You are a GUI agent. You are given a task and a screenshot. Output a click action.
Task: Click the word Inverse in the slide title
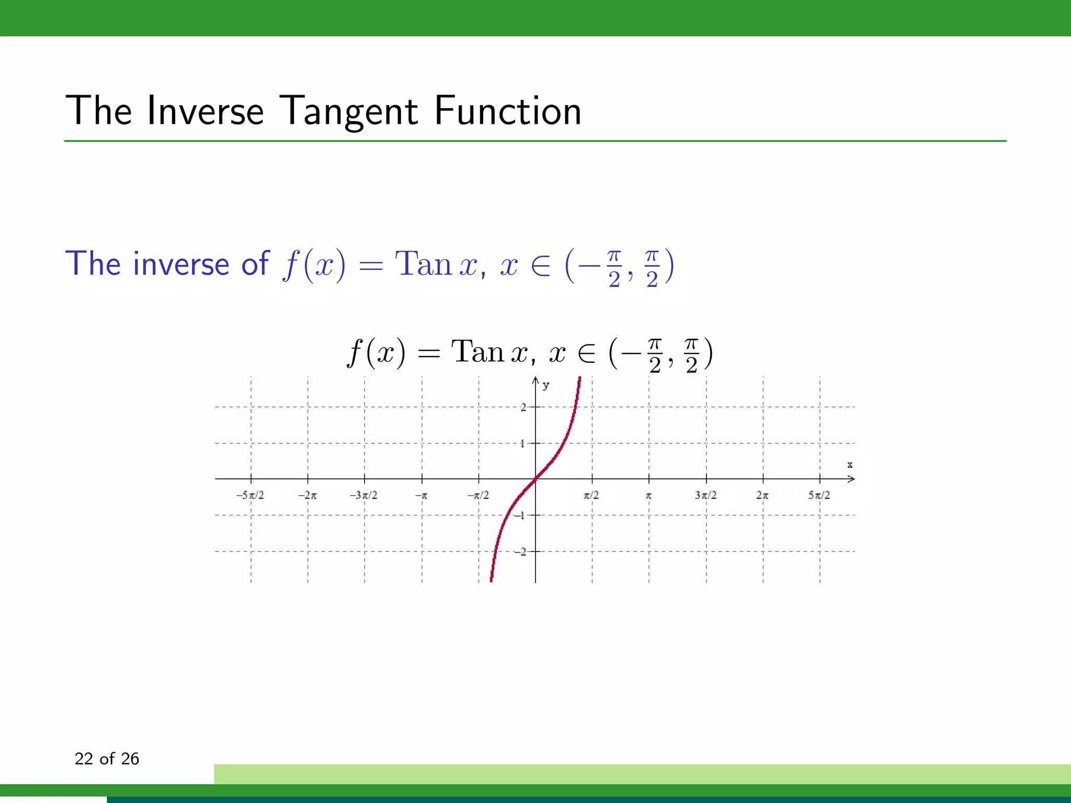(x=205, y=111)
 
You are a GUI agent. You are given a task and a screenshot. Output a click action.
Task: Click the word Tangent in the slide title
(x=348, y=111)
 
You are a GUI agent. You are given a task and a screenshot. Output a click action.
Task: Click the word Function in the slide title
(x=507, y=111)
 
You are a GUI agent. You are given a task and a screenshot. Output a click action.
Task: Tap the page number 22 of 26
(x=107, y=759)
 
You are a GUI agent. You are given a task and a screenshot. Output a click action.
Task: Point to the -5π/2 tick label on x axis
(x=250, y=495)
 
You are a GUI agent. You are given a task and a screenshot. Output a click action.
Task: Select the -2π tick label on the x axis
(x=307, y=495)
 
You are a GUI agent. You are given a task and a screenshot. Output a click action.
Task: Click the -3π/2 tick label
(x=363, y=495)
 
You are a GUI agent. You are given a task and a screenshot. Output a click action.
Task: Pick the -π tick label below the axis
(x=421, y=495)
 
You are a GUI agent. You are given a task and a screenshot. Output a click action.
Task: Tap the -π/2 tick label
(x=478, y=495)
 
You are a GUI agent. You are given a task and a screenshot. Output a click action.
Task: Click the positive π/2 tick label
(x=591, y=495)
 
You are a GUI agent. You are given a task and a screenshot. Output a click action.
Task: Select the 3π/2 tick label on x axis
(x=705, y=495)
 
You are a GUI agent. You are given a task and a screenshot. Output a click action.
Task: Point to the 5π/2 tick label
(x=819, y=495)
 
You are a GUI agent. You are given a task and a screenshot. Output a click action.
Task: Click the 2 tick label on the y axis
(x=523, y=407)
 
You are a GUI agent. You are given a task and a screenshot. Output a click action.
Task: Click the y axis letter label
(x=546, y=386)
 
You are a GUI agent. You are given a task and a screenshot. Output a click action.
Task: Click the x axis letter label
(x=850, y=464)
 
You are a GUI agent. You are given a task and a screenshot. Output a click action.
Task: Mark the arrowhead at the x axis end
(x=851, y=479)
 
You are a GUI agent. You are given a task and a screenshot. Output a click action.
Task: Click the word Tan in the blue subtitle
(x=423, y=264)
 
